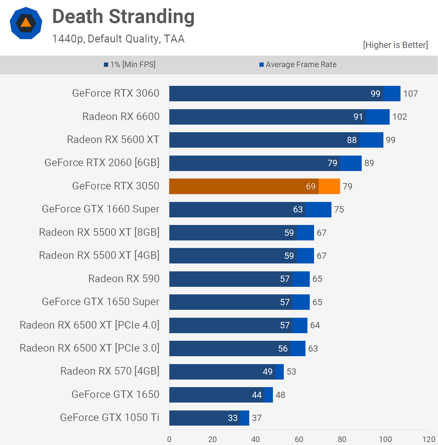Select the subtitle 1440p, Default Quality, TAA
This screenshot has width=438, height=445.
118,39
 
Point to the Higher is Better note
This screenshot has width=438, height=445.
395,45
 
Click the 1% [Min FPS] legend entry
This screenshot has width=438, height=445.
130,64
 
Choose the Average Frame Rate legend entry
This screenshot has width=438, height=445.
298,64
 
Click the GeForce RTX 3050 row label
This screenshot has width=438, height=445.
116,186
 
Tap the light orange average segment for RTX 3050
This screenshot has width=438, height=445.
329,186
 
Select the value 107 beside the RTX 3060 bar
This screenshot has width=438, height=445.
410,94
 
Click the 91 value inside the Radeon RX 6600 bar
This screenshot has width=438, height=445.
358,117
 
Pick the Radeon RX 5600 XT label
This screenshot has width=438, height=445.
113,139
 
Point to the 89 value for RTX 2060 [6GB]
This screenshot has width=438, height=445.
369,163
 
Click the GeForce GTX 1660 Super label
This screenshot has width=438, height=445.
101,209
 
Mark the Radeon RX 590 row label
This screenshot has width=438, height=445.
124,279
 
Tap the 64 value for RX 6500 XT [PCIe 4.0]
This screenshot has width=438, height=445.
315,325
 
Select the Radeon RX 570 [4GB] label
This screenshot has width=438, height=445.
110,371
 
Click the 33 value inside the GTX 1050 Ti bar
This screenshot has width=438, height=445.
232,418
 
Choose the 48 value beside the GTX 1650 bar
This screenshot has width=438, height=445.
280,395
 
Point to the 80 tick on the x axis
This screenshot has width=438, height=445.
342,439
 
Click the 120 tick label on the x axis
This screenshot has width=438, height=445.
428,439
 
